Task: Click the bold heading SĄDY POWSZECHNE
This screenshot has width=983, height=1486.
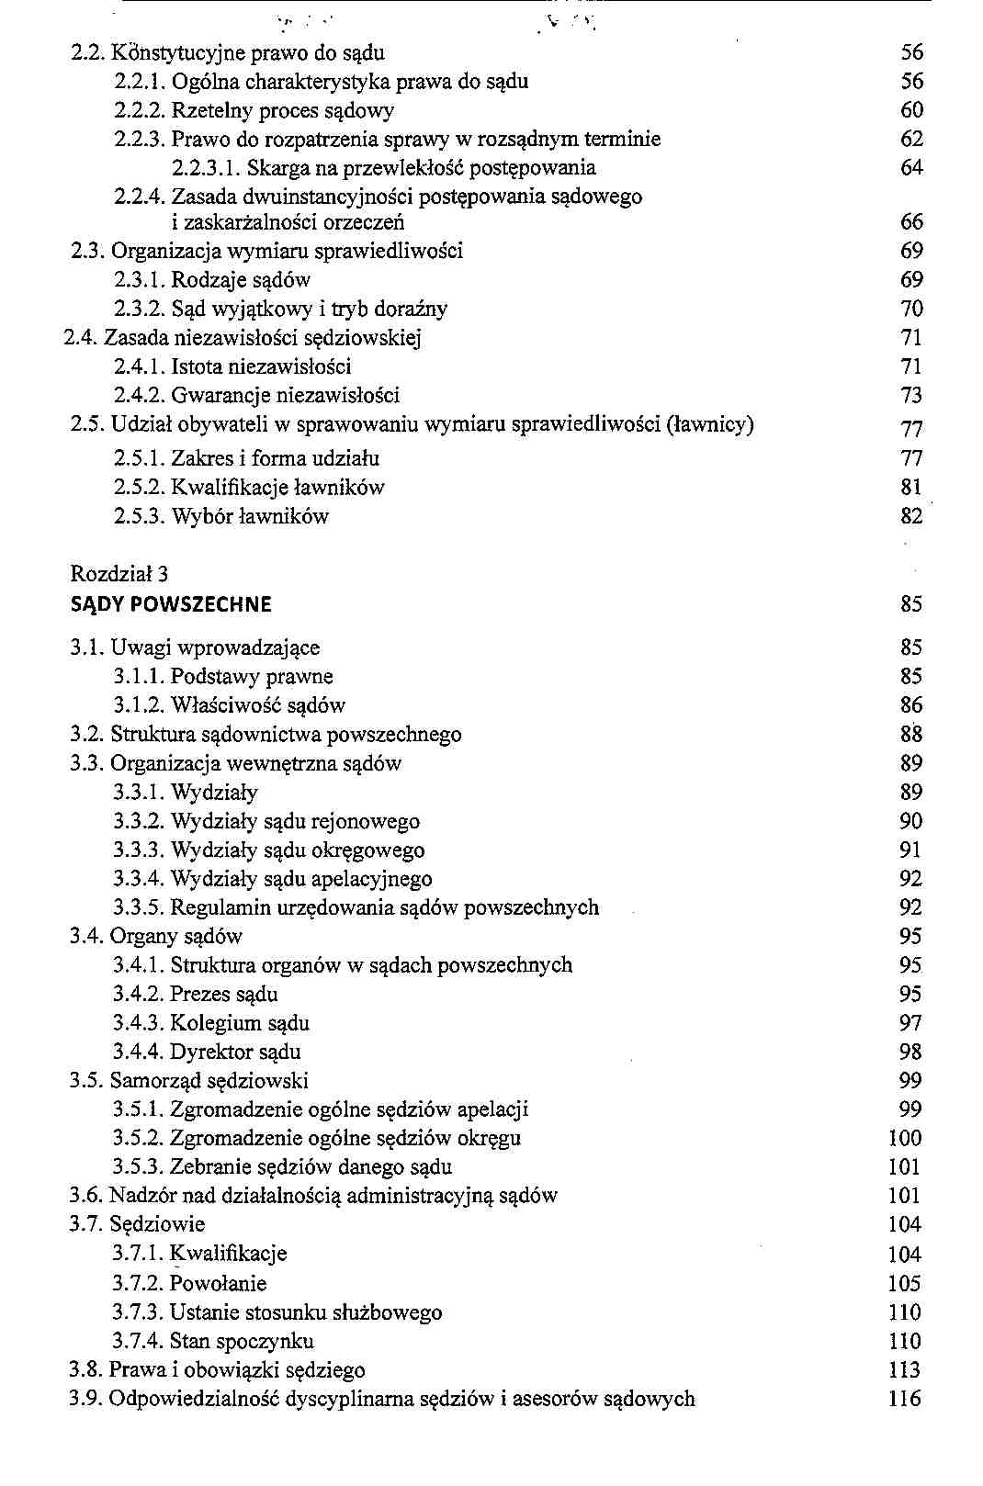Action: pyautogui.click(x=171, y=604)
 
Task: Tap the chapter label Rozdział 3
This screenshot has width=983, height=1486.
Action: pyautogui.click(x=119, y=575)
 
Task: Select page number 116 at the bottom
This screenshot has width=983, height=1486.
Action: pyautogui.click(x=904, y=1399)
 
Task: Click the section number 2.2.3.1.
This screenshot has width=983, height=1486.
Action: pyautogui.click(x=206, y=168)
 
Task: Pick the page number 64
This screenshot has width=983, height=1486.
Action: pyautogui.click(x=911, y=168)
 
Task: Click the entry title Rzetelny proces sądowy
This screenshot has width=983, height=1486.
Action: pyautogui.click(x=283, y=111)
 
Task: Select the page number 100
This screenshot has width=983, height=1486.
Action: pyautogui.click(x=904, y=1138)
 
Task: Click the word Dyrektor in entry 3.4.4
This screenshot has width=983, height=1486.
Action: pyautogui.click(x=206, y=1052)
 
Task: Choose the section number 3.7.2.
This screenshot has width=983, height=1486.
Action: pyautogui.click(x=138, y=1283)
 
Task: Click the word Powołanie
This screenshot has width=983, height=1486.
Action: pyautogui.click(x=219, y=1283)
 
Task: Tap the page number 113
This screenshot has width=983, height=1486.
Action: pyautogui.click(x=904, y=1370)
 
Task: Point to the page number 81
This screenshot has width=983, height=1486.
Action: pyautogui.click(x=911, y=487)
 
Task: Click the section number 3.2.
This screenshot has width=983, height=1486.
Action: pyautogui.click(x=87, y=735)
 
